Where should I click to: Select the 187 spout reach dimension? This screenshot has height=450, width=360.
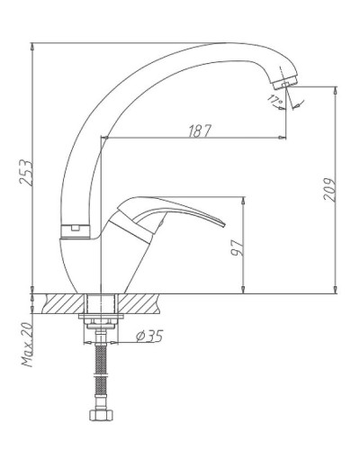click(199, 130)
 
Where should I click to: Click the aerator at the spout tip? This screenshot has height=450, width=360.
click(285, 82)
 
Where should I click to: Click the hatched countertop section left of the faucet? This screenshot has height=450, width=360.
click(64, 301)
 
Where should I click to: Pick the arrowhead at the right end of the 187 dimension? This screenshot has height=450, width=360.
click(285, 139)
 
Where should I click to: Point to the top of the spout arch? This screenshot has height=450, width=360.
click(207, 43)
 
